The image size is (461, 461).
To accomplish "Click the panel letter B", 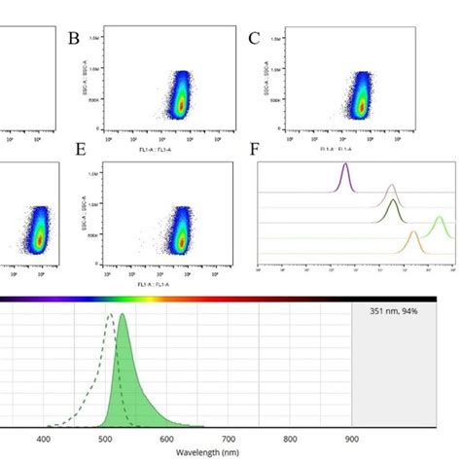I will click(x=72, y=38).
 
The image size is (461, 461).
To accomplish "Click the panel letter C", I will click(x=254, y=38).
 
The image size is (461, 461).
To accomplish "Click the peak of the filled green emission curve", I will click(x=123, y=317).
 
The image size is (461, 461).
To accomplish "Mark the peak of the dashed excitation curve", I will click(x=111, y=315).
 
